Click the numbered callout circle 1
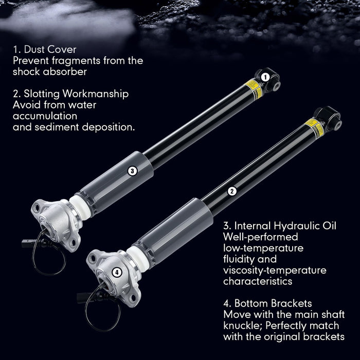point(265,77)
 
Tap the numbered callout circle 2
point(232,191)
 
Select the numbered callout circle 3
point(132,171)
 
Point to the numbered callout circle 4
point(117,272)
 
